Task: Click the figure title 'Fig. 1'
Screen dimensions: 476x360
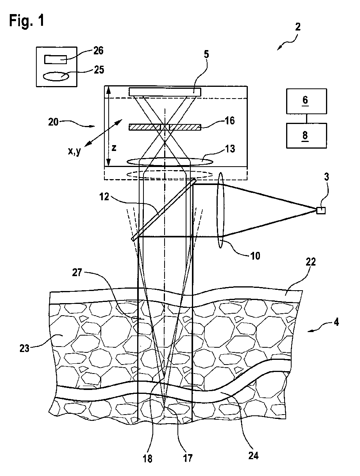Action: (x=27, y=21)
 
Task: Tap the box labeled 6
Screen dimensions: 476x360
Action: (x=305, y=100)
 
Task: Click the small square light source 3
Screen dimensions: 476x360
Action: (x=321, y=210)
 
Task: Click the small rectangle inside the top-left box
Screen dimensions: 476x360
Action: (x=56, y=59)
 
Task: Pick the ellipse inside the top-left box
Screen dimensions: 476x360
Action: (x=56, y=76)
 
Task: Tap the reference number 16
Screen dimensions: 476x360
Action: (x=230, y=120)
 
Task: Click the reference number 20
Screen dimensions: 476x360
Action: (x=53, y=122)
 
